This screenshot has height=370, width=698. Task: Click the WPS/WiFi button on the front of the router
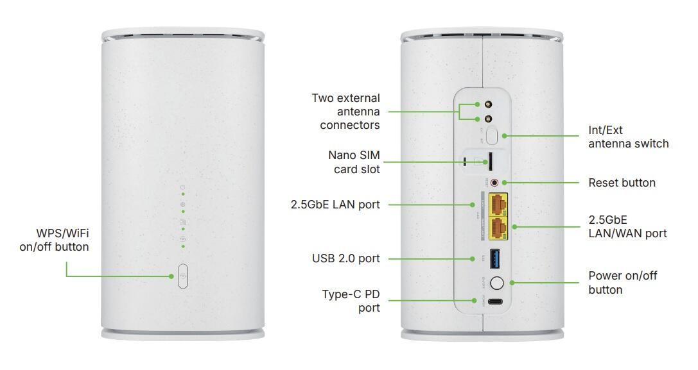[182, 276]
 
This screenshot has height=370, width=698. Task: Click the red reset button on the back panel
[494, 183]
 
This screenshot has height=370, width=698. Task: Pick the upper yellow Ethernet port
[497, 205]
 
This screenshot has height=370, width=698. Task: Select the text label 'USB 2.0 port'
[345, 258]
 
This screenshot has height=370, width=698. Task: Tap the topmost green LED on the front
[183, 193]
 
